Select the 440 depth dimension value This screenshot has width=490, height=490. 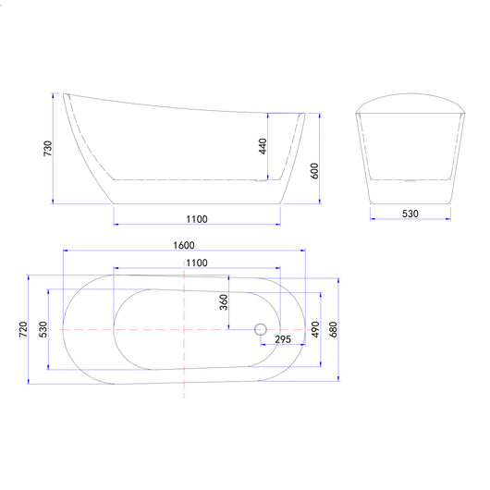pos(263,145)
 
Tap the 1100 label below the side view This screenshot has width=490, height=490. pos(196,219)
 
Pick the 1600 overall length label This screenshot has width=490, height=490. pos(183,245)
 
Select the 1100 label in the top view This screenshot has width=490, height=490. pos(196,263)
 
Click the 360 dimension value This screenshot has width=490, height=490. pos(223,303)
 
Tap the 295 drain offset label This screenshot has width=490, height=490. pos(284,340)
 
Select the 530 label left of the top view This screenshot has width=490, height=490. pos(43,329)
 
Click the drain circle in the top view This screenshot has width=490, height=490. pos(260,328)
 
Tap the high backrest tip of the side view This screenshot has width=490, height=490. pos(66,93)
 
